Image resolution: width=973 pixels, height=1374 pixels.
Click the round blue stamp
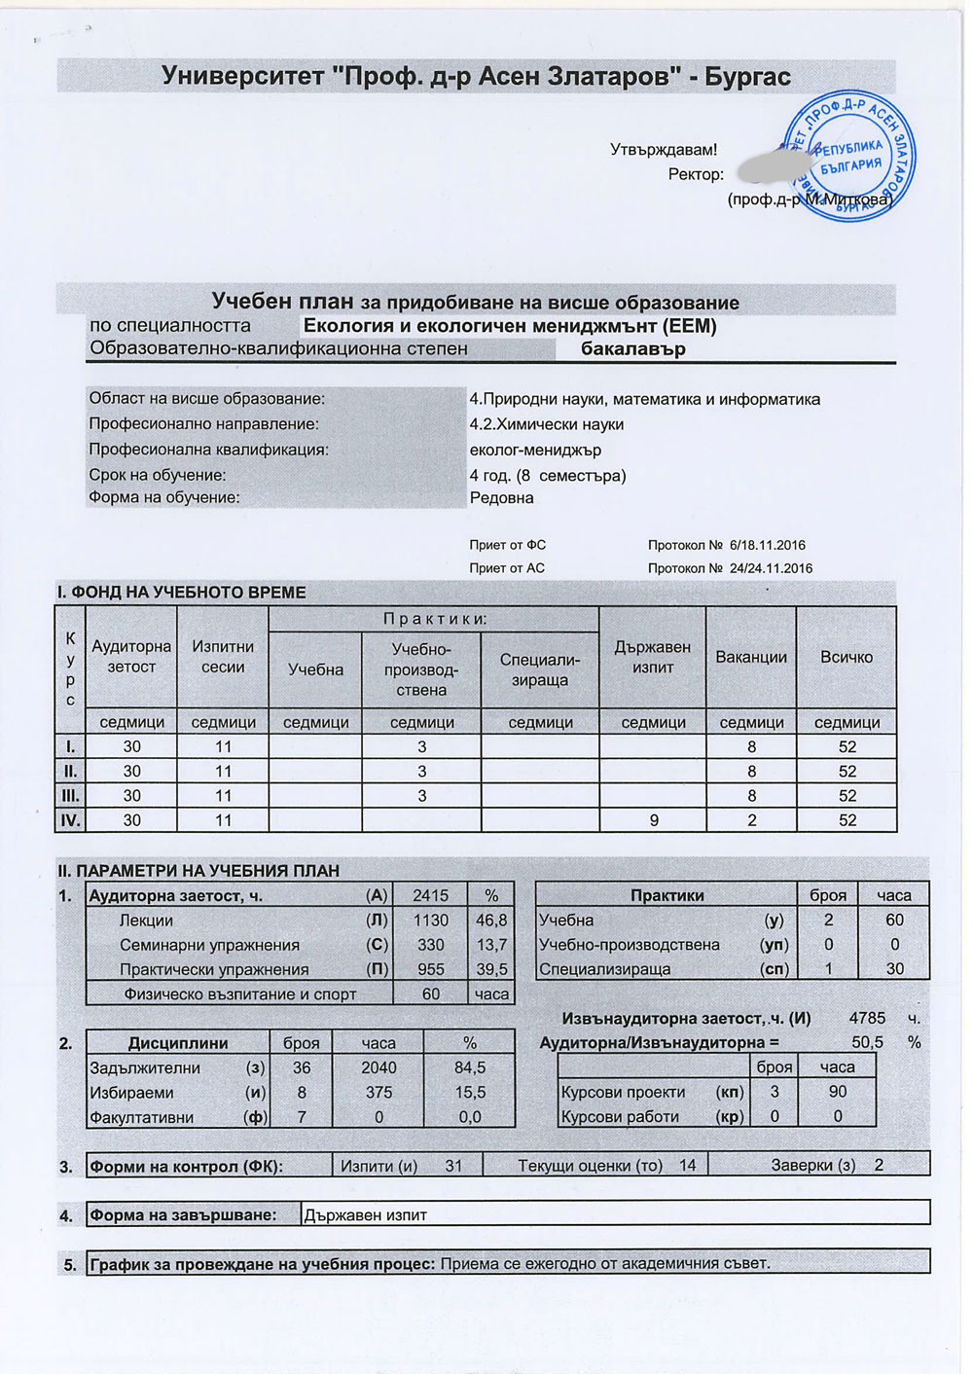848,158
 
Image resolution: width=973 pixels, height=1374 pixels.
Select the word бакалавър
633,348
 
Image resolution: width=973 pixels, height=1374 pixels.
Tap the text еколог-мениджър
535,450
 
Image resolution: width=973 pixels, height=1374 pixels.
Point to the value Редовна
501,497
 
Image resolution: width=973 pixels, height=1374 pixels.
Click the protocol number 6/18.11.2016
767,545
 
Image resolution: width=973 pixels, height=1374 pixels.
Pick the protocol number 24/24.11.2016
771,568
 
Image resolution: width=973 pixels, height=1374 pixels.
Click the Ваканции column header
751,657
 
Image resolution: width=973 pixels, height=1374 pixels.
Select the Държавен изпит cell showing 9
654,820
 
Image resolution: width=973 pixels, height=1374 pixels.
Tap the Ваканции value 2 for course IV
751,820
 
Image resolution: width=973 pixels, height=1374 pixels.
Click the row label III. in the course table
70,795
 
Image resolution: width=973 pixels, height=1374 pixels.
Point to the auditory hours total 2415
430,895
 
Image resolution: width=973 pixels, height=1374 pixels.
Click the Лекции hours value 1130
430,920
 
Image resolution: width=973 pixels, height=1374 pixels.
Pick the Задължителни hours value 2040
378,1067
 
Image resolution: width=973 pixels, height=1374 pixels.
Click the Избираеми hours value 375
378,1092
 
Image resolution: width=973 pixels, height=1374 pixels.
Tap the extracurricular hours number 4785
867,1018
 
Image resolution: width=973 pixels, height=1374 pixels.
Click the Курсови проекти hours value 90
837,1092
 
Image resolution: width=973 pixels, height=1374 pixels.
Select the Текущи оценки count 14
687,1165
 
